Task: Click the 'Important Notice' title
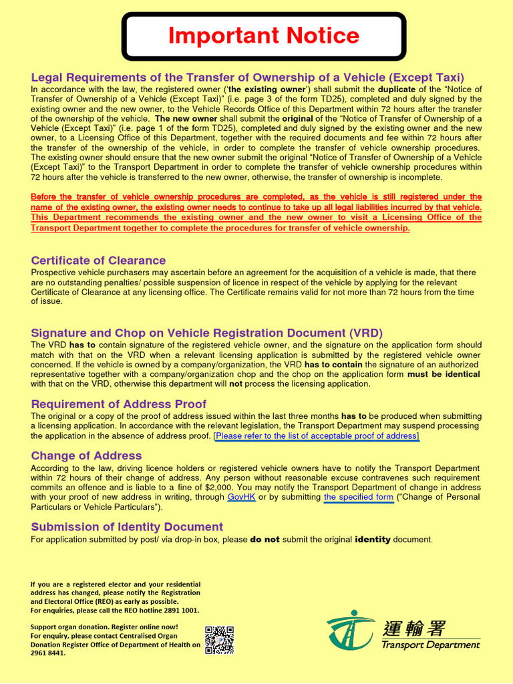264,36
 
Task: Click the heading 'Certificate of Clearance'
98,261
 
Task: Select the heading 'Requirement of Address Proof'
118,404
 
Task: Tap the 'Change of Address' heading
86,456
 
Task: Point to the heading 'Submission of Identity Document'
127,527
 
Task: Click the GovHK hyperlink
242,498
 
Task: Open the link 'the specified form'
358,498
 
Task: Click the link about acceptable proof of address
316,436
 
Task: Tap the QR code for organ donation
219,640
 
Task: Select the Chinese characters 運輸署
414,628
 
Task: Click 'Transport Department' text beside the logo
430,645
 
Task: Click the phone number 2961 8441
48,653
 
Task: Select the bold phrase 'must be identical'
444,375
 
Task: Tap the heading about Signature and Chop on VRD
207,333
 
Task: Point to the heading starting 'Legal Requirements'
247,77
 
